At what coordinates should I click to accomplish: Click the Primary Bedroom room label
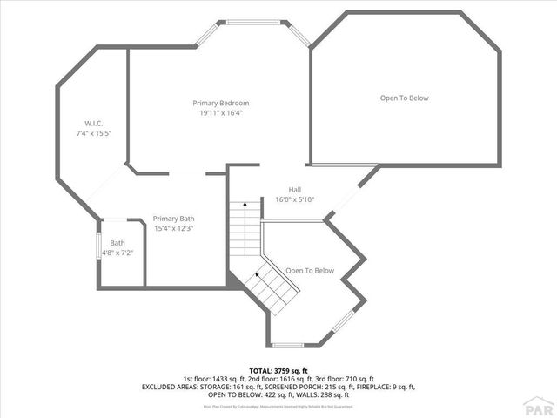pos(220,103)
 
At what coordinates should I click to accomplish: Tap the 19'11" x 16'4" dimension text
pos(220,112)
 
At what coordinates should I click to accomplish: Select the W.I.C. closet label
pos(94,122)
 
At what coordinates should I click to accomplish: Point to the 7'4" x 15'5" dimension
pos(94,132)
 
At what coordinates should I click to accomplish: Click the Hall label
pos(294,189)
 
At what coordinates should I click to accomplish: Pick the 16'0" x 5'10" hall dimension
pos(294,199)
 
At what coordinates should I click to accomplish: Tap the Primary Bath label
pos(173,218)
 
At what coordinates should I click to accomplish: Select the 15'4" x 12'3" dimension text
pos(173,228)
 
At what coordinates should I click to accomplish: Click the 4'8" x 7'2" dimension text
pos(117,253)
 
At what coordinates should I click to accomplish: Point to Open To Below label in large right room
pos(404,98)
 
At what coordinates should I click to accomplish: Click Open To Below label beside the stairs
pos(310,270)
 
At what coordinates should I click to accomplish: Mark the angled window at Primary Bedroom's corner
pos(297,36)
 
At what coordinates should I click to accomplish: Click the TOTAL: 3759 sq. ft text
pos(278,370)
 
